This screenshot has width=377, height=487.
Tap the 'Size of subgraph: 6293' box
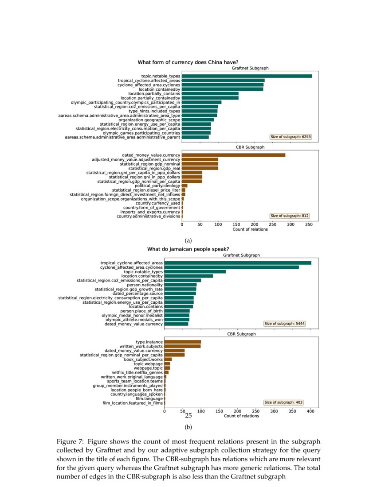(291, 137)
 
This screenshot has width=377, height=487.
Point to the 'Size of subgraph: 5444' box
(284, 324)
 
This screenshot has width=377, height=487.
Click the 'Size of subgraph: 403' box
(283, 402)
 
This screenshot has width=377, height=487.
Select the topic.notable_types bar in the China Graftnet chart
(247, 76)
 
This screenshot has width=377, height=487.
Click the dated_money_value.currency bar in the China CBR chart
(233, 155)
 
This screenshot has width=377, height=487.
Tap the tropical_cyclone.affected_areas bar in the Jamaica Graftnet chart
(238, 263)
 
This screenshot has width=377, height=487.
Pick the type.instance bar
(182, 342)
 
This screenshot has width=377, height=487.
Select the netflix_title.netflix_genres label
(137, 372)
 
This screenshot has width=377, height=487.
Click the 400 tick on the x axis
(310, 411)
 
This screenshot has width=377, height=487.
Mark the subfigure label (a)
(188, 240)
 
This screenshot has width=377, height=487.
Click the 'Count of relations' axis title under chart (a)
(250, 229)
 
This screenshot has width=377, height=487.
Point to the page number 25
(188, 416)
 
